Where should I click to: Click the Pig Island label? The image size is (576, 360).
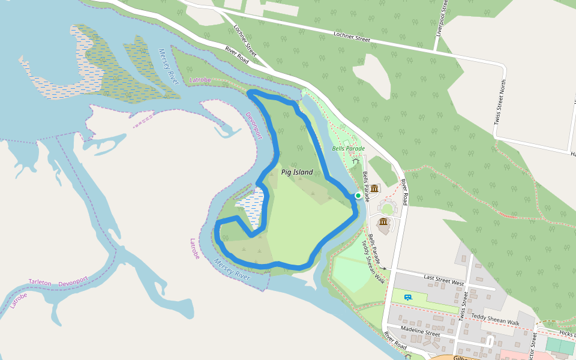[x=297, y=172]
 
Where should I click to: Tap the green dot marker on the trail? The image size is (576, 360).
[x=358, y=195]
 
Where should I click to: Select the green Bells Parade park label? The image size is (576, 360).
[x=349, y=148]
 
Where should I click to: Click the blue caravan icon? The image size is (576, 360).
[x=408, y=297]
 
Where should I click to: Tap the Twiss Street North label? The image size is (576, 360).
[x=500, y=102]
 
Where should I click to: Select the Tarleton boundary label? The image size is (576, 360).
[x=40, y=282]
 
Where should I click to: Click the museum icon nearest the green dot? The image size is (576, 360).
[x=374, y=189]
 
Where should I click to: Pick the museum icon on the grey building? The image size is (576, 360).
[x=383, y=222]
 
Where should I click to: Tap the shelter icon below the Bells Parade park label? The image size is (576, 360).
[x=356, y=161]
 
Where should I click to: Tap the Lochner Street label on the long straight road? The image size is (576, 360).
[x=352, y=37]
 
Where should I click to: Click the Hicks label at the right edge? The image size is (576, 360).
[x=565, y=333]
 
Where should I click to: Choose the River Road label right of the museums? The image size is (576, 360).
[x=404, y=192]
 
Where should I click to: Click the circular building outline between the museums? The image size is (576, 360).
[x=387, y=208]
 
